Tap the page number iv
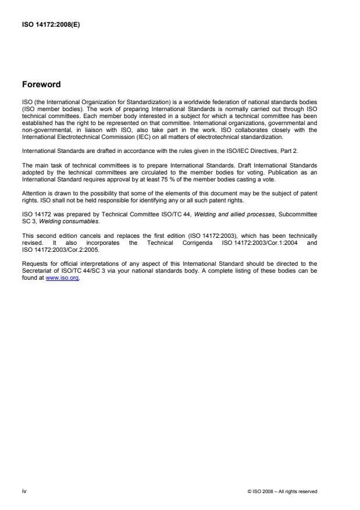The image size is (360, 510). click(24, 491)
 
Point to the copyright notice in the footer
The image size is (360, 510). click(282, 491)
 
